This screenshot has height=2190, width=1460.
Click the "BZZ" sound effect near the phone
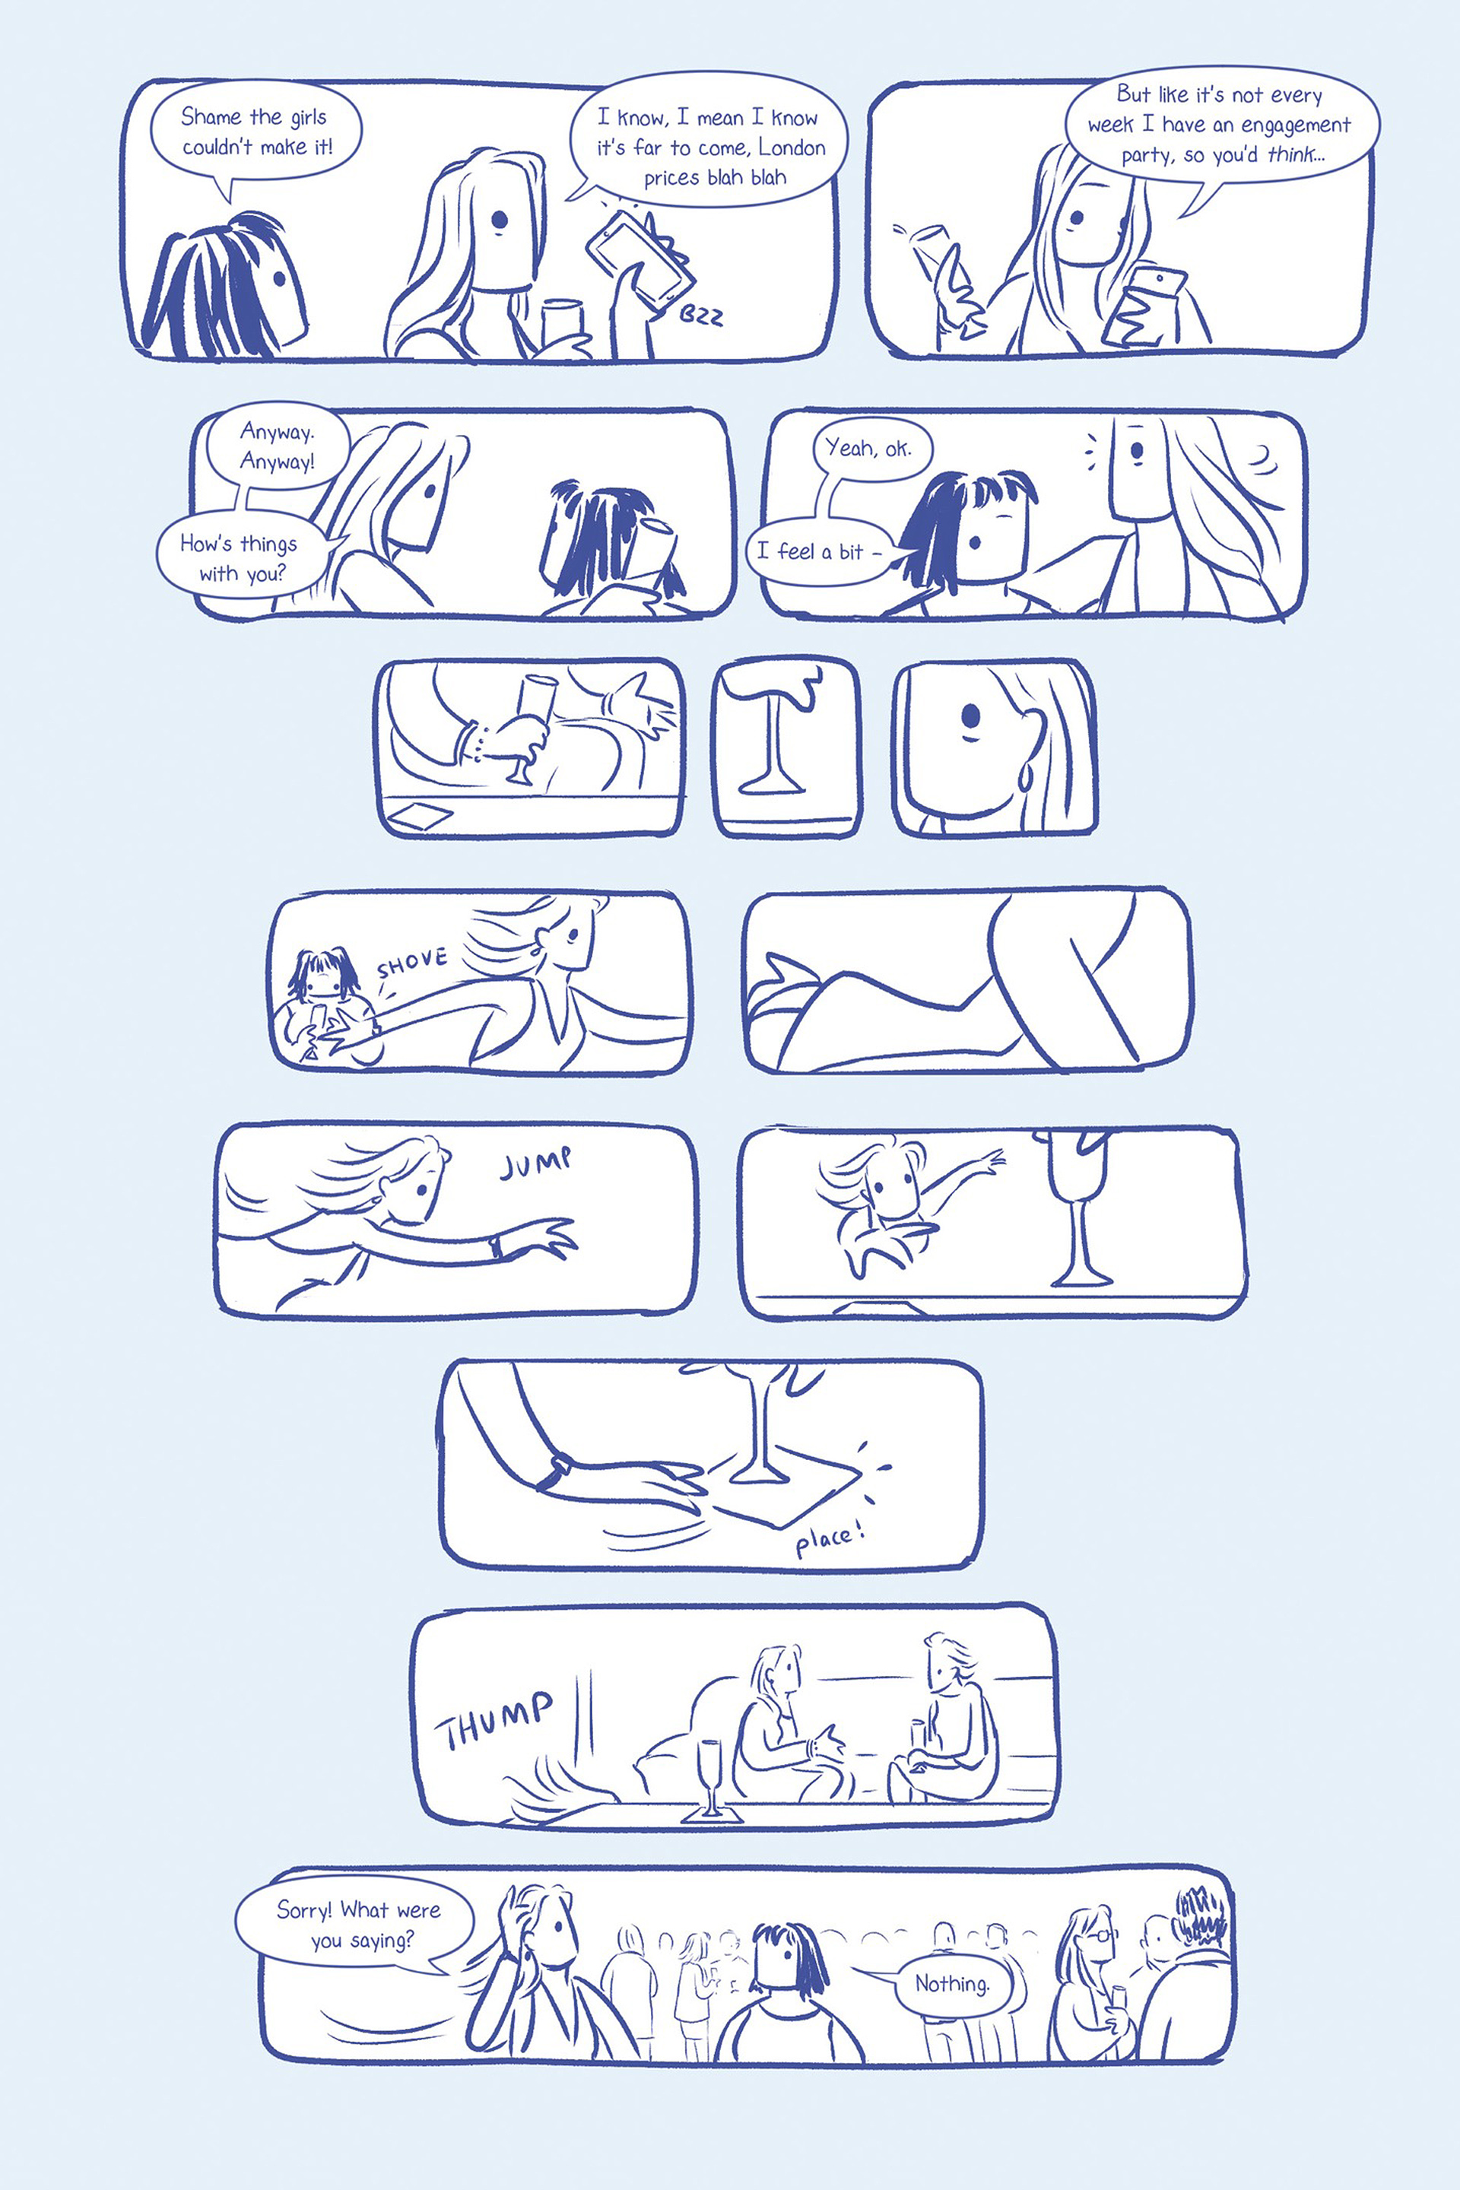pyautogui.click(x=700, y=316)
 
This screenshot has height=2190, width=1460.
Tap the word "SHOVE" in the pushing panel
pyautogui.click(x=411, y=963)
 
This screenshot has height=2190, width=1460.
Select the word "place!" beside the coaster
pyautogui.click(x=830, y=1539)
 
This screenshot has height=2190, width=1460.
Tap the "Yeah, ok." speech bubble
pyautogui.click(x=868, y=449)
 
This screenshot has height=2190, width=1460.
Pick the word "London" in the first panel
pyautogui.click(x=792, y=147)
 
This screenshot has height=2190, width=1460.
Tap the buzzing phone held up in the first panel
pyautogui.click(x=640, y=259)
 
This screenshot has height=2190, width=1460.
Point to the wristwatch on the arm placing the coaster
pyautogui.click(x=560, y=1469)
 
